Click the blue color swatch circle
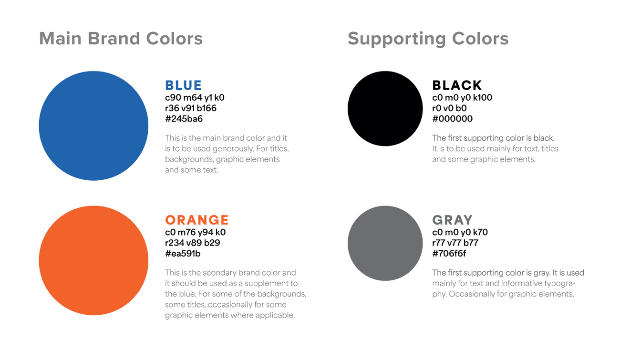[93, 126]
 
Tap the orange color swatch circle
[93, 260]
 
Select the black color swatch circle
[385, 108]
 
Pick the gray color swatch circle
[385, 243]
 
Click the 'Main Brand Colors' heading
[121, 39]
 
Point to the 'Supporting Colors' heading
[428, 39]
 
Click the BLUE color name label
[183, 85]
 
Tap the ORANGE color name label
[197, 220]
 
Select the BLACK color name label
[457, 85]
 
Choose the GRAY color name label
[452, 220]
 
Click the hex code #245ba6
[184, 119]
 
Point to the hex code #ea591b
[183, 254]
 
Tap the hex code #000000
[452, 119]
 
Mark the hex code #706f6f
[449, 254]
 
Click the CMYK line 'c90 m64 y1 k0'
[195, 98]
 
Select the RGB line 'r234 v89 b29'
[192, 243]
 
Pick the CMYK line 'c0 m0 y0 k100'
[462, 98]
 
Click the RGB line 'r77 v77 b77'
[455, 243]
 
